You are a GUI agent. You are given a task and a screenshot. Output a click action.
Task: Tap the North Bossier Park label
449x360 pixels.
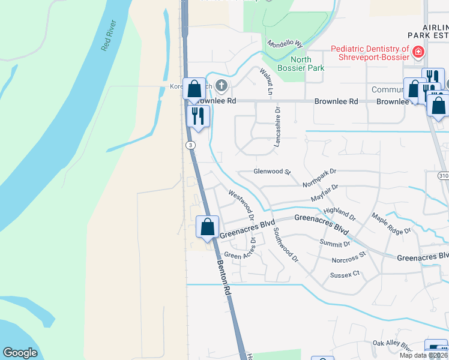pos(307,64)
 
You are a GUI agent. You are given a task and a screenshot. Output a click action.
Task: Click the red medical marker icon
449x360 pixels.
pos(418,53)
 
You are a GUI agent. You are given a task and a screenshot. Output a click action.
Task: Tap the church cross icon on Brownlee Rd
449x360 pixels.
pos(221,86)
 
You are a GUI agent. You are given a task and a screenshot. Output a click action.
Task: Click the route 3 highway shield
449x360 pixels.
pos(190,145)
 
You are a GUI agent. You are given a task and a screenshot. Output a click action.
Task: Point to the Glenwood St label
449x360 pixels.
pos(271,172)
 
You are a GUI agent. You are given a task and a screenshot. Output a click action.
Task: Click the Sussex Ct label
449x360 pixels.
pos(344,274)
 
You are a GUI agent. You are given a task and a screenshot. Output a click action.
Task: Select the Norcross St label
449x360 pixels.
pos(349,259)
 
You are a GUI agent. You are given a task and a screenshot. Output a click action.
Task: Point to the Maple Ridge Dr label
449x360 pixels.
pos(391,224)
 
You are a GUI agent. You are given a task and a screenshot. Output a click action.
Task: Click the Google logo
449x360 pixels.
pos(20,353)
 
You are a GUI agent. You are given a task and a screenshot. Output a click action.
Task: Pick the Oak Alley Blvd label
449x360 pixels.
pos(393,346)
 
